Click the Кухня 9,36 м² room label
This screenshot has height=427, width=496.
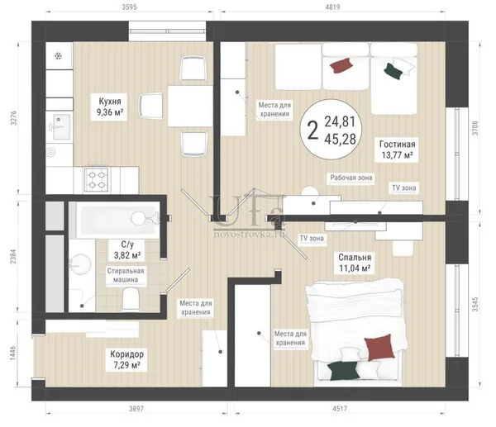pyautogui.click(x=109, y=107)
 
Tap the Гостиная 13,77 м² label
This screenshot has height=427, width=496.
pyautogui.click(x=397, y=149)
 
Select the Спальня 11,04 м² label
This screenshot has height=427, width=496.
pyautogui.click(x=355, y=263)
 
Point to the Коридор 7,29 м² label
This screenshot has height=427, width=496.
pyautogui.click(x=126, y=359)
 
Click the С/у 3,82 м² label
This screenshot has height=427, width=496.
pyautogui.click(x=127, y=249)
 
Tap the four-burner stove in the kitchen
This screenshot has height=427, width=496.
pyautogui.click(x=96, y=179)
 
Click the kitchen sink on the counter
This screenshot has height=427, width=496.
pyautogui.click(x=60, y=126)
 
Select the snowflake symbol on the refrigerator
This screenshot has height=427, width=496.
pyautogui.click(x=59, y=56)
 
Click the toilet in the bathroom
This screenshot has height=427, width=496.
pyautogui.click(x=131, y=299)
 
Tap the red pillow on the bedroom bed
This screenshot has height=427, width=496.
pyautogui.click(x=379, y=347)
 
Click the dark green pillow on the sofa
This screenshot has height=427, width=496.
pyautogui.click(x=393, y=71)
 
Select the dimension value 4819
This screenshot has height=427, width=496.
pyautogui.click(x=332, y=7)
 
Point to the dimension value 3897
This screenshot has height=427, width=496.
pyautogui.click(x=136, y=409)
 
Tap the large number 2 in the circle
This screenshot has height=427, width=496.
pyautogui.click(x=312, y=130)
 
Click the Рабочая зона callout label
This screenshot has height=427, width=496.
pyautogui.click(x=351, y=178)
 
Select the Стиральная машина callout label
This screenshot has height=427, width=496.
pyautogui.click(x=126, y=275)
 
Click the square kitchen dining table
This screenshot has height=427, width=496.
pyautogui.click(x=190, y=107)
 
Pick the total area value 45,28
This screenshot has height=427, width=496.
pyautogui.click(x=341, y=139)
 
